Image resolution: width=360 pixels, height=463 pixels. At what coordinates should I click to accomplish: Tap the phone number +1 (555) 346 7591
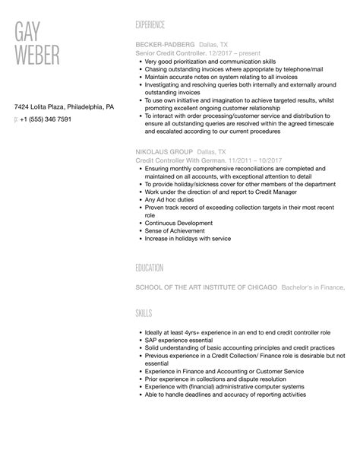click(x=46, y=119)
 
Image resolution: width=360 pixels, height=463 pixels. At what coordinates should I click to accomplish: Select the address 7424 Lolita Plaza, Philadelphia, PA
click(x=65, y=107)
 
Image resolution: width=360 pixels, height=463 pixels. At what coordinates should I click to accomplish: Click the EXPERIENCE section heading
click(x=155, y=25)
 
